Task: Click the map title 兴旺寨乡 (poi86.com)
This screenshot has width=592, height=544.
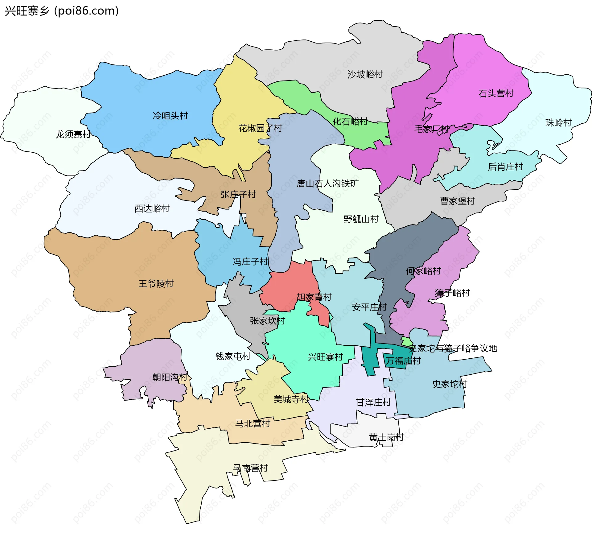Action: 62,11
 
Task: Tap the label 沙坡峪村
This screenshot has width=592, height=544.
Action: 365,74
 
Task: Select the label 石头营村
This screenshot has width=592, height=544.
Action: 496,93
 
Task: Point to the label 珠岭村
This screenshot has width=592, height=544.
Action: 558,123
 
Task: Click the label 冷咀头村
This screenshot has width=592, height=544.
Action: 170,116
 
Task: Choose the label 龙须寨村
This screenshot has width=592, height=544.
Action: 73,134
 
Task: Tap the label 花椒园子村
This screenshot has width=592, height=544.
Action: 260,128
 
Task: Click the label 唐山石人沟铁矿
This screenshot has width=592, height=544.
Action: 327,184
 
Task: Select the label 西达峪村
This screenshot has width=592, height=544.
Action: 152,209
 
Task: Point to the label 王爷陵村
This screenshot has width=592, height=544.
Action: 156,284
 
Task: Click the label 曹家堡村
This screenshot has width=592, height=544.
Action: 458,201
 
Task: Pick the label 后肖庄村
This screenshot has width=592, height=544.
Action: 505,167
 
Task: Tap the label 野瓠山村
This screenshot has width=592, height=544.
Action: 361,219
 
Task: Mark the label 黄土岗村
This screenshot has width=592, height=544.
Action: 386,437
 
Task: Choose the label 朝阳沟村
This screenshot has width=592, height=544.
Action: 170,377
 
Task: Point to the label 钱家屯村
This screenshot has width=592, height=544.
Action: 233,357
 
